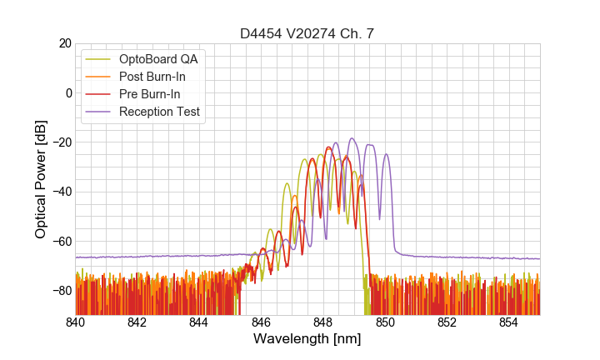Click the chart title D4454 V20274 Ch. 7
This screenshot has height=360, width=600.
pos(307,33)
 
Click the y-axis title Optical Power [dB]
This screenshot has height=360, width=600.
pos(41,178)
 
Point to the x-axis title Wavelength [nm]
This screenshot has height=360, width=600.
pos(307,339)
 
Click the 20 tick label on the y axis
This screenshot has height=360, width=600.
pos(65,43)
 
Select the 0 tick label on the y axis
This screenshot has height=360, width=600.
pos(68,92)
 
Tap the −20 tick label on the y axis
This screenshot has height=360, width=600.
pos(61,142)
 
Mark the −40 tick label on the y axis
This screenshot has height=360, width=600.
pos(61,192)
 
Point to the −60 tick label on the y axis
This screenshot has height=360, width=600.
pos(61,242)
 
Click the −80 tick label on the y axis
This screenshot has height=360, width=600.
pos(61,291)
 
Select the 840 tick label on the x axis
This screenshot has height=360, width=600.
pos(76,322)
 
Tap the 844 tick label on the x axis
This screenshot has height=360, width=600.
pos(199,322)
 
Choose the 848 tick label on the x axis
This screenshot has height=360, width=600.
pos(323,322)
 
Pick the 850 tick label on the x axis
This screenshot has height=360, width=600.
pos(385,322)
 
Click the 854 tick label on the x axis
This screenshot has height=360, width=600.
pos(509,322)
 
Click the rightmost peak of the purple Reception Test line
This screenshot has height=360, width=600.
pos(387,154)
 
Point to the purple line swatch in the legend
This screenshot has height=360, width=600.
pos(99,112)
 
